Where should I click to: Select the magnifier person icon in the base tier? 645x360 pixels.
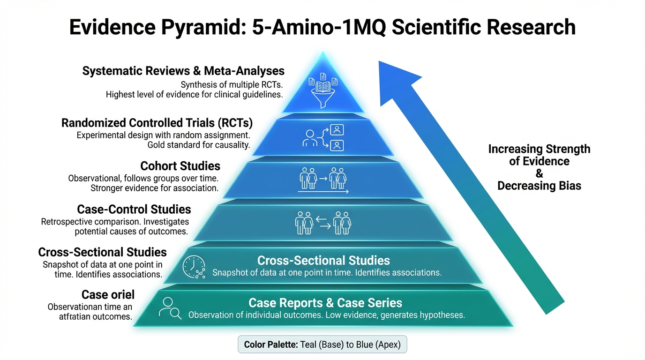click(170, 308)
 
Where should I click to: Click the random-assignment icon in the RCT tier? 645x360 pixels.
click(323, 137)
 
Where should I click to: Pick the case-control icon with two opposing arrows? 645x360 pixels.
click(323, 223)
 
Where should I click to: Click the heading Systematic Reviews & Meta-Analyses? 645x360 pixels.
click(183, 71)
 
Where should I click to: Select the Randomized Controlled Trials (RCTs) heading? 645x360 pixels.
click(157, 123)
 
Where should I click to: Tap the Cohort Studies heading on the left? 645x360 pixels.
click(180, 166)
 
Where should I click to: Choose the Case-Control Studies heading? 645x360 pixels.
click(134, 209)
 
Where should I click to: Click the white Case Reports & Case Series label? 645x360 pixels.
click(325, 302)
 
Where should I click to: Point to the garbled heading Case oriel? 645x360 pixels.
click(108, 294)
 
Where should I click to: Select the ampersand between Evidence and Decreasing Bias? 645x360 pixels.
click(539, 173)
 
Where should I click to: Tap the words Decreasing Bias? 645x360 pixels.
click(539, 186)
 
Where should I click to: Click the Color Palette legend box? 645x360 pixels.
click(322, 345)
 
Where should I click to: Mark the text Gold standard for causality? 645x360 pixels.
click(198, 145)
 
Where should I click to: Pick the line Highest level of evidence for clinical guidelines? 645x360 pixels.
click(194, 94)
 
